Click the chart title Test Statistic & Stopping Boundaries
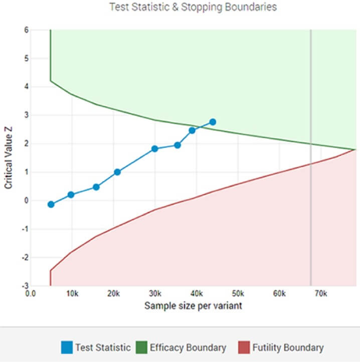pyautogui.click(x=193, y=7)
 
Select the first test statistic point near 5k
pyautogui.click(x=51, y=204)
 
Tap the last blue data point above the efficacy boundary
pyautogui.click(x=213, y=122)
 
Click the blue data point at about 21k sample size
pyautogui.click(x=117, y=172)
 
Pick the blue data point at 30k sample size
pyautogui.click(x=155, y=148)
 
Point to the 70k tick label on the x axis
pyautogui.click(x=321, y=293)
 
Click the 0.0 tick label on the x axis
pyautogui.click(x=31, y=293)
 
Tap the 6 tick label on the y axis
pyautogui.click(x=26, y=30)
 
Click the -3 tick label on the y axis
pyautogui.click(x=24, y=286)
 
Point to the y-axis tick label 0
pyautogui.click(x=26, y=201)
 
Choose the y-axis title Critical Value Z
pyautogui.click(x=8, y=157)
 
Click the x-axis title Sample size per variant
pyautogui.click(x=193, y=305)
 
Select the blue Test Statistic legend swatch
pyautogui.click(x=67, y=347)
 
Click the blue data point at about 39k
pyautogui.click(x=192, y=130)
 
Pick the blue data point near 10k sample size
pyautogui.click(x=71, y=195)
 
